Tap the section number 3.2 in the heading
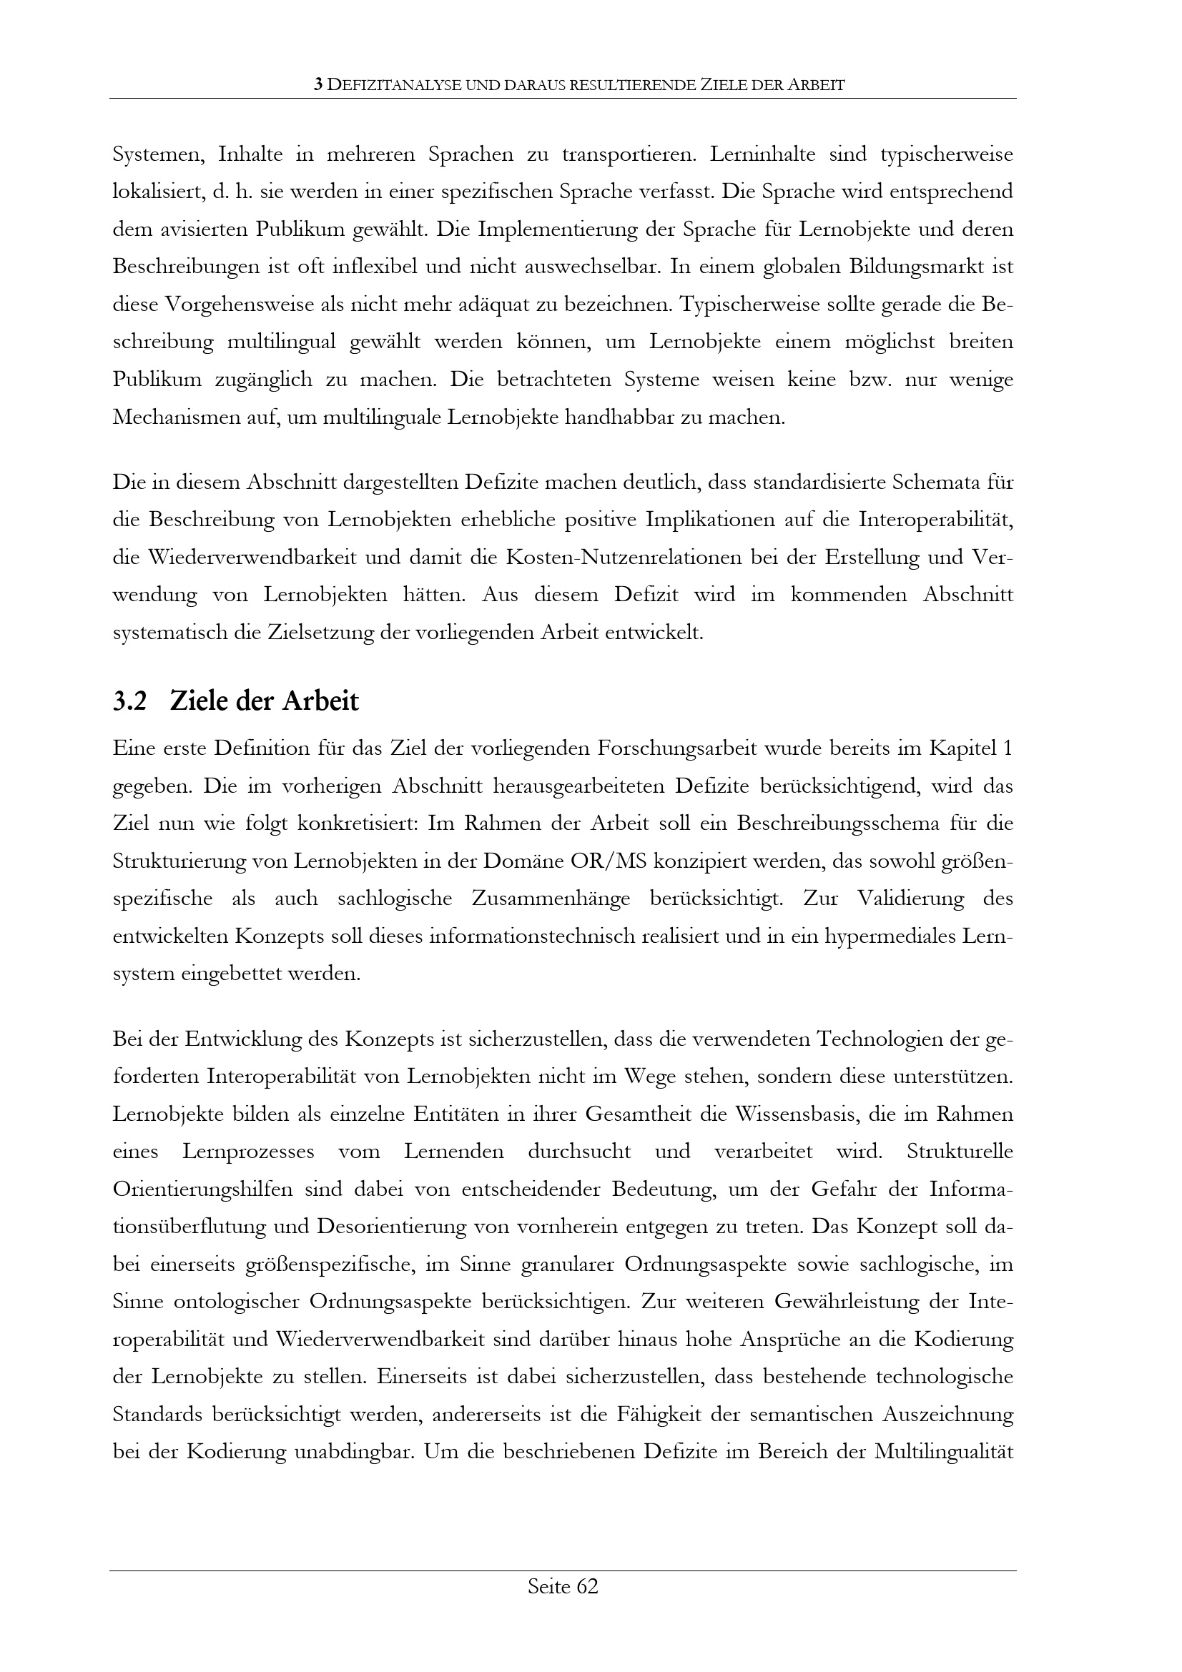pyautogui.click(x=129, y=701)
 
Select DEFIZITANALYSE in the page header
pyautogui.click(x=394, y=85)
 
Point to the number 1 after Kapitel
pyautogui.click(x=1008, y=748)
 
